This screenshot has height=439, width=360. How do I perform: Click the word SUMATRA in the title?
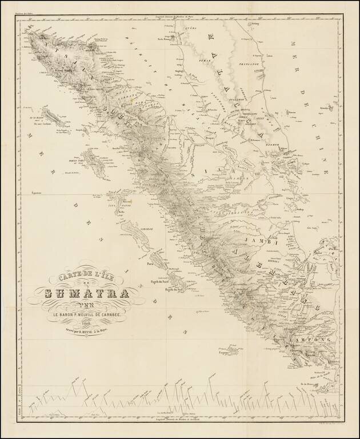(x=85, y=295)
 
